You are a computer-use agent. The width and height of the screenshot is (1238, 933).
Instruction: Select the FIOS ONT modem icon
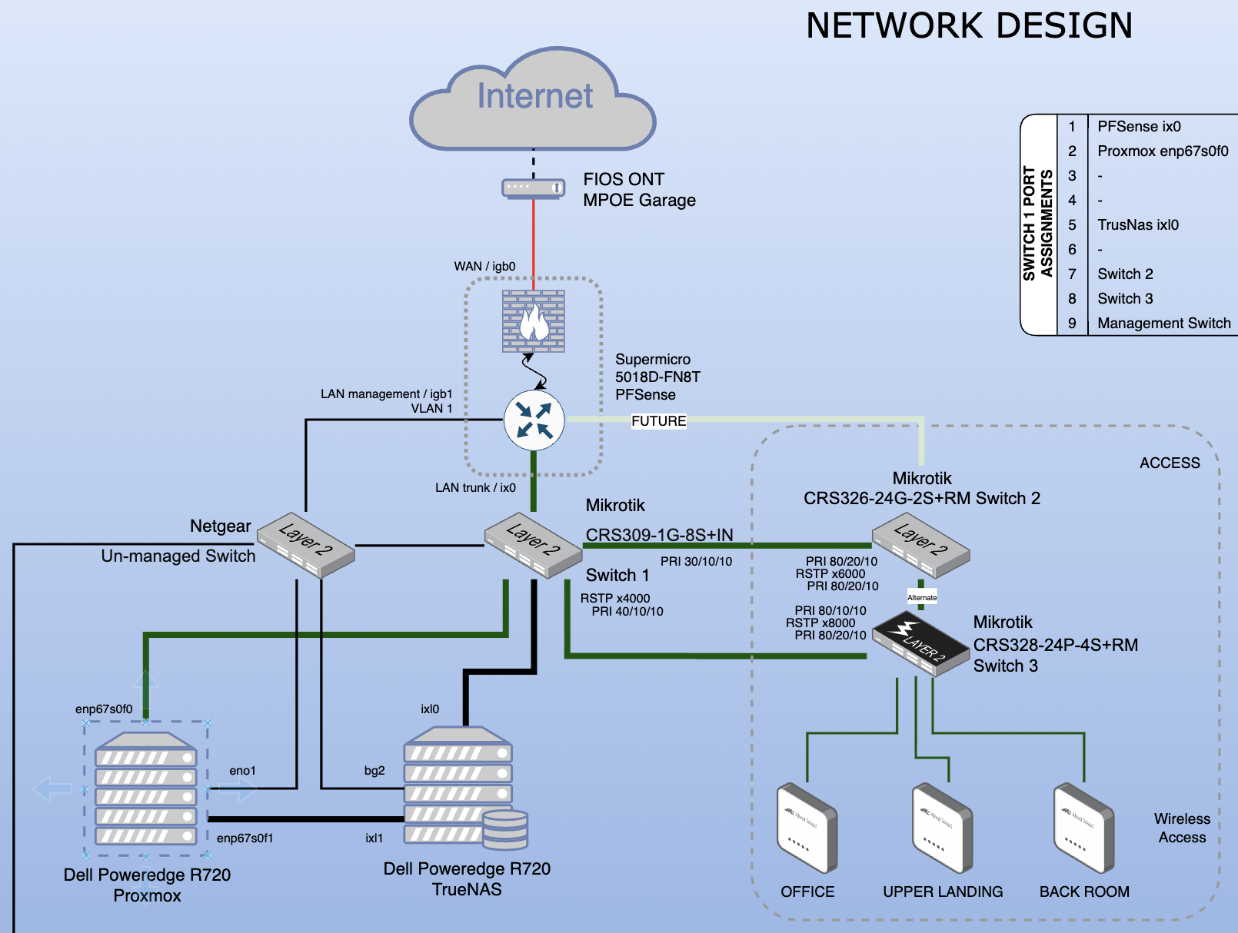tap(533, 188)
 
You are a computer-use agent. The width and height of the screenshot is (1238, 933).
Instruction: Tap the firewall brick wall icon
tap(534, 321)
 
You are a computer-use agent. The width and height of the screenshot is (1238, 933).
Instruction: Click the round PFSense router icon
tap(534, 421)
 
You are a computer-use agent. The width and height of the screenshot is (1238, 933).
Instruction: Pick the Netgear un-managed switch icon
tap(305, 545)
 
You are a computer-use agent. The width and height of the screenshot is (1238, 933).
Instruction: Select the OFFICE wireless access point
tap(807, 828)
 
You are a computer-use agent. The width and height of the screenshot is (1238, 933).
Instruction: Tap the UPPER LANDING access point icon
tap(942, 828)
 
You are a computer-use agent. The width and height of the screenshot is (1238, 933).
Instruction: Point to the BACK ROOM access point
tap(1083, 828)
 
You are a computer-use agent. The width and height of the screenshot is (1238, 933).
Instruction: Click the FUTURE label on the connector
tap(658, 421)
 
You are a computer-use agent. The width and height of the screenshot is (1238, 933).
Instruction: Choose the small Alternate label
tap(922, 597)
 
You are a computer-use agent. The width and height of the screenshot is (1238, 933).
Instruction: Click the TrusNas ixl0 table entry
tap(1137, 225)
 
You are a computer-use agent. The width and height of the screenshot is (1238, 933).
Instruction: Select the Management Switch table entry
tap(1163, 324)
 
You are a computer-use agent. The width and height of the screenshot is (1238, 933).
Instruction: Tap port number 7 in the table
tap(1072, 274)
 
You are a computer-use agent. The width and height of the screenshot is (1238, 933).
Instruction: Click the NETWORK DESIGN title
tap(969, 26)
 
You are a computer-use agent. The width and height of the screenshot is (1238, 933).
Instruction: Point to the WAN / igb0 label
tap(484, 267)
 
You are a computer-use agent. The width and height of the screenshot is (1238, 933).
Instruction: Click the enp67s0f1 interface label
tap(245, 838)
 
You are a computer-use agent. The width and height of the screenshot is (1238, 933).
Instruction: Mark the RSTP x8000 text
tap(820, 623)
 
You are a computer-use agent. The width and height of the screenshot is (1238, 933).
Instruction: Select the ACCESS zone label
tap(1169, 463)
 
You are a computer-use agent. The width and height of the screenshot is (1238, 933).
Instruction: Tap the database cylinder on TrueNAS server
tap(505, 830)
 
